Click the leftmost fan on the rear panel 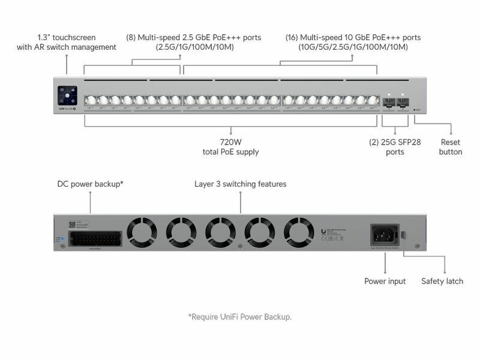tap(142, 230)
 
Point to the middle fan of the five tap(220, 230)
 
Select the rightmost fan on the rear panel tap(299, 230)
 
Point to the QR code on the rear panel tap(72, 225)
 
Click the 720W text tap(231, 142)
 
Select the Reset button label tap(451, 147)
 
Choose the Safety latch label tap(442, 281)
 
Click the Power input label tap(385, 281)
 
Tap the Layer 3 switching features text tap(241, 184)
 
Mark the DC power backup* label tap(91, 184)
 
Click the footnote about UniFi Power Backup tap(240, 316)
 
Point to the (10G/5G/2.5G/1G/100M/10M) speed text tap(353, 47)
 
